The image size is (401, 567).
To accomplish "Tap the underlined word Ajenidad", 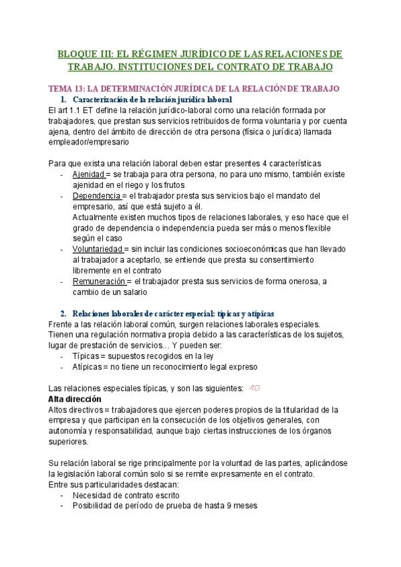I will coord(90,174).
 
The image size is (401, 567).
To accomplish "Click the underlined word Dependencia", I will coord(96,195).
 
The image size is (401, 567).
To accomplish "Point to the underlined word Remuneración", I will coord(99,281).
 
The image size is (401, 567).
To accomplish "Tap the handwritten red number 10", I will coord(255,388).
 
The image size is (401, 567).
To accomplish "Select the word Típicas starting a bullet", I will coord(86,356).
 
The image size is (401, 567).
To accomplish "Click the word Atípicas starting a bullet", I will coord(88,366).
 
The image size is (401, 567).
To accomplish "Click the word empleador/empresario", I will coord(90,142).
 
